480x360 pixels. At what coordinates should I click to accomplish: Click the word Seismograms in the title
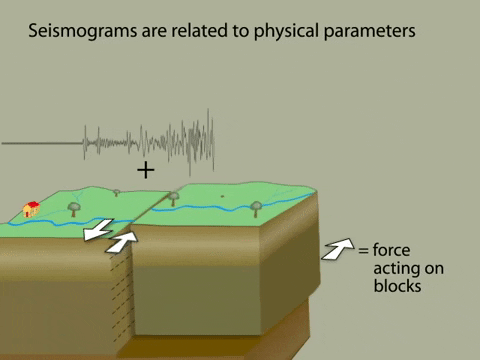(77, 31)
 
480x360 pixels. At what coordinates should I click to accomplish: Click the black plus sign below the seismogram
(146, 169)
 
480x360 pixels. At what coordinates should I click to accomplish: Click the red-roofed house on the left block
(31, 208)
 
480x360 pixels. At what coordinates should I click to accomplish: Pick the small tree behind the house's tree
(116, 191)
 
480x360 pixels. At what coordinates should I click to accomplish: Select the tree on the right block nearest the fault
(174, 197)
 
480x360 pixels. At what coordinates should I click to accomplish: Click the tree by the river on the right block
(256, 208)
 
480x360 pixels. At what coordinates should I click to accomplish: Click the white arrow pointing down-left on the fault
(98, 232)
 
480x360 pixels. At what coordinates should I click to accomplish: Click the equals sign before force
(363, 250)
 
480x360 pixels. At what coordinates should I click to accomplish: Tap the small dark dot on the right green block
(222, 195)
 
